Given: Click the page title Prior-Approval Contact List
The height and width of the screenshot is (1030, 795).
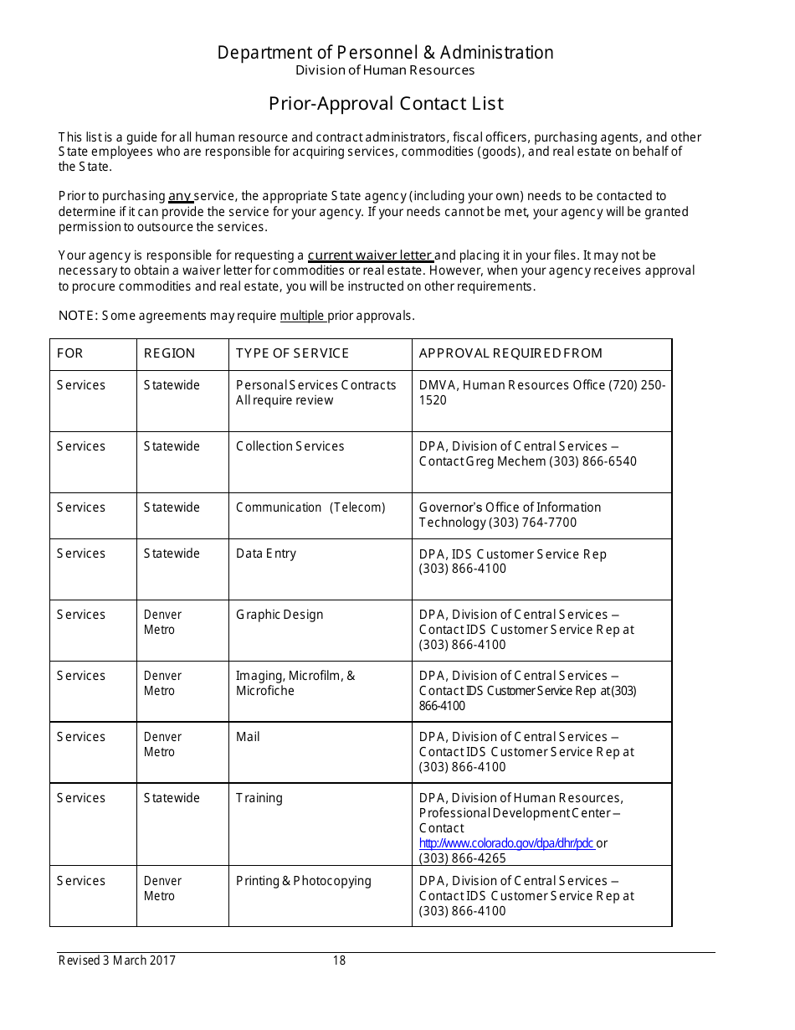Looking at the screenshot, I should (386, 104).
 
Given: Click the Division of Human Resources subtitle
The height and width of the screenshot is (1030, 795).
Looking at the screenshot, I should (385, 70).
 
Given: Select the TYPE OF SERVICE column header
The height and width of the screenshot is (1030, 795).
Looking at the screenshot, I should (292, 353).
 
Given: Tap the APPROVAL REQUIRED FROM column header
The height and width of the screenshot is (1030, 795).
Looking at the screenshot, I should (510, 353).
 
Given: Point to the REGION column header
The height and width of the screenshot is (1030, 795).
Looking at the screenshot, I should (169, 353).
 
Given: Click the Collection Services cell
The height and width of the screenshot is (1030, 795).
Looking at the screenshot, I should (290, 446).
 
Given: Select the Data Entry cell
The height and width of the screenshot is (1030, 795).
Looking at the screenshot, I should (266, 554).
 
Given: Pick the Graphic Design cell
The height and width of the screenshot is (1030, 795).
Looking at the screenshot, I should (280, 615).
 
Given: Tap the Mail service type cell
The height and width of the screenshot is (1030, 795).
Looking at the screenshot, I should (248, 737).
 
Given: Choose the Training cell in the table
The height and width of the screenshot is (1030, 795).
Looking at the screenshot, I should (259, 798).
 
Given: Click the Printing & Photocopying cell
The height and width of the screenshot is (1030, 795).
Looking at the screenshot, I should (303, 881).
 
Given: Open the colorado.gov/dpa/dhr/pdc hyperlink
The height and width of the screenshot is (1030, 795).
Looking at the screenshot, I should (506, 843).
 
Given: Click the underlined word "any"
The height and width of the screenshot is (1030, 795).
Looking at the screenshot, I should (180, 197).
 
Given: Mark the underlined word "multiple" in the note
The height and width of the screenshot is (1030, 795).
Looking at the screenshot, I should (301, 316).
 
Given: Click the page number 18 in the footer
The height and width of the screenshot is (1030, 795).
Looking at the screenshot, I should (339, 960).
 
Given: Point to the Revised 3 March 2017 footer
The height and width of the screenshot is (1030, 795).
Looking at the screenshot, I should (117, 960).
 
